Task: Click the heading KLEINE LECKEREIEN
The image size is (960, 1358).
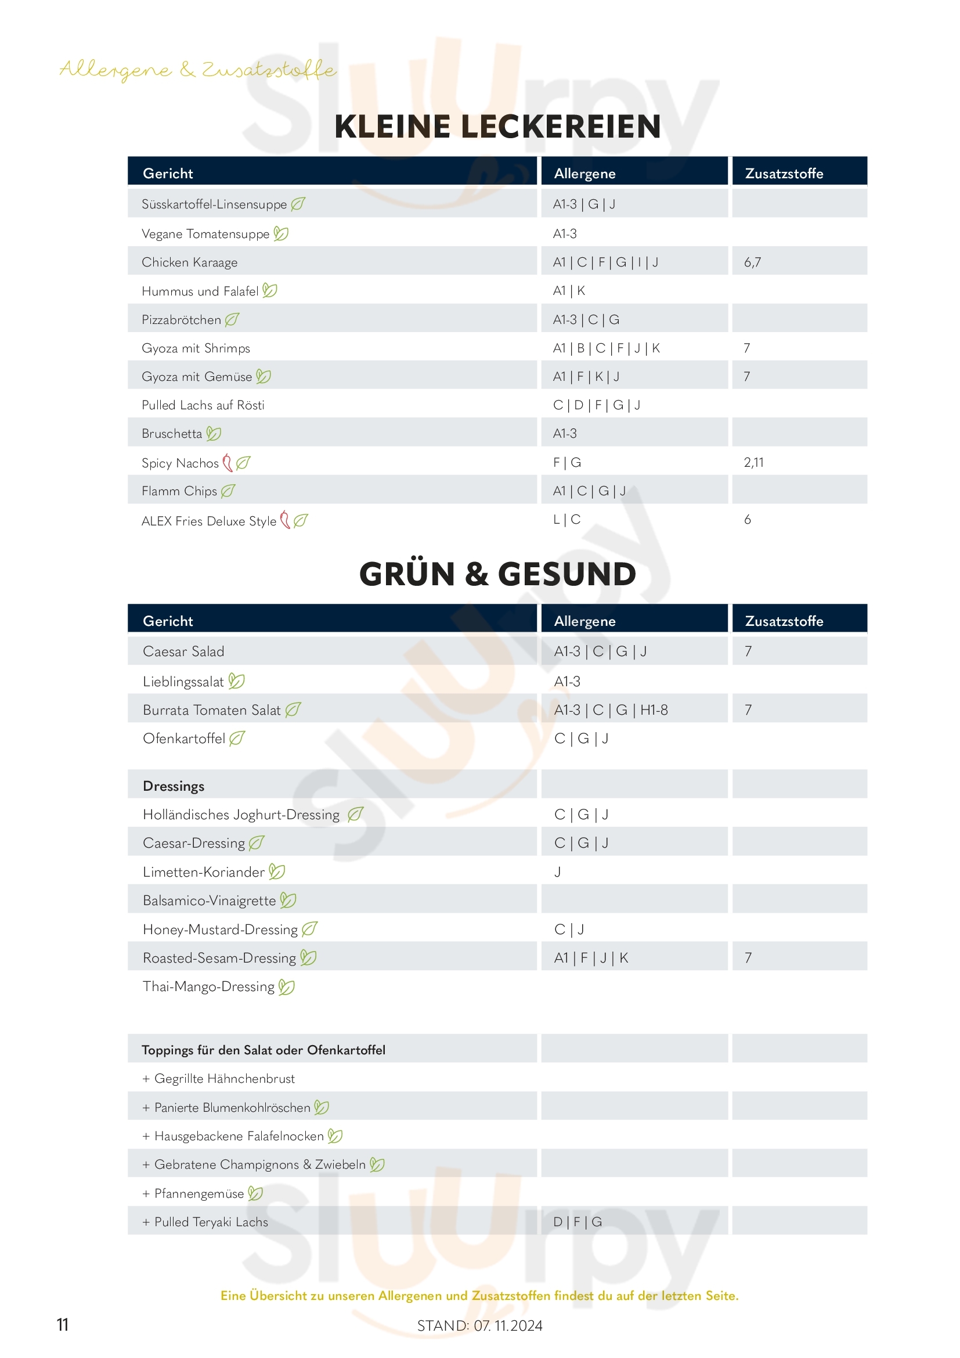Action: click(497, 127)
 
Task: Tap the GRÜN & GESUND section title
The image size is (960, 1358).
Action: click(497, 574)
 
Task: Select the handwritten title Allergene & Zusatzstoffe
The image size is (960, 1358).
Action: click(198, 70)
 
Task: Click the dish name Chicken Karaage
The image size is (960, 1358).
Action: click(189, 262)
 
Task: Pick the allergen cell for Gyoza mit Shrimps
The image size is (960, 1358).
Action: click(606, 348)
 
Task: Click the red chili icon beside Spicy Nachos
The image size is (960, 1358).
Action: click(227, 463)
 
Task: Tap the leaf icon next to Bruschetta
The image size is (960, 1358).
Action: click(214, 434)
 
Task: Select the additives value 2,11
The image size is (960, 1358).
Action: click(753, 462)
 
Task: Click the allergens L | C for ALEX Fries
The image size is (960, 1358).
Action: click(566, 519)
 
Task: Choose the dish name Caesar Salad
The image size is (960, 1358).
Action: click(183, 651)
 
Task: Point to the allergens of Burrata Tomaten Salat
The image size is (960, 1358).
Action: click(611, 709)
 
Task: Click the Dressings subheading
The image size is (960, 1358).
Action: click(173, 786)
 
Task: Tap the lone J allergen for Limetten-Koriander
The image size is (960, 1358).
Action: click(557, 872)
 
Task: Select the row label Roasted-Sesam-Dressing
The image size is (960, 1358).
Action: click(219, 957)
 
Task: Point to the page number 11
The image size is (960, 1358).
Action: click(62, 1324)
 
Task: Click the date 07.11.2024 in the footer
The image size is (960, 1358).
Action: click(508, 1325)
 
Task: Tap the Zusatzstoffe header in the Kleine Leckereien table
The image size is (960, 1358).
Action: click(784, 173)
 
